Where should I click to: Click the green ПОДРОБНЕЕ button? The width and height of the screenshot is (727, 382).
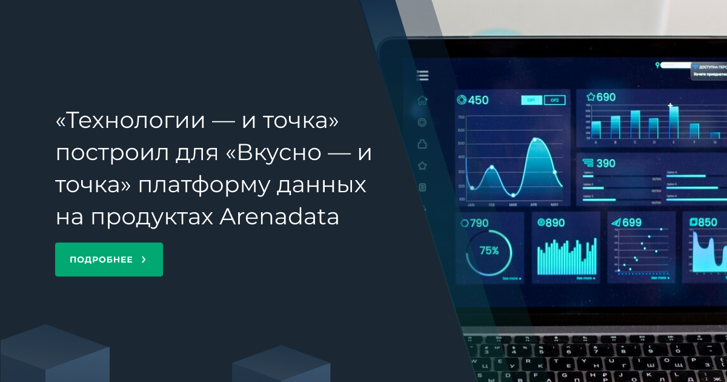pyautogui.click(x=108, y=260)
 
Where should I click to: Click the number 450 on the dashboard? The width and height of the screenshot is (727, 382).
pyautogui.click(x=479, y=100)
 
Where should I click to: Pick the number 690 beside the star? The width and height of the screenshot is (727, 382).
pyautogui.click(x=606, y=97)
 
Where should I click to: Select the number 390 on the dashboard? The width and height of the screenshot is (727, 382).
pyautogui.click(x=606, y=163)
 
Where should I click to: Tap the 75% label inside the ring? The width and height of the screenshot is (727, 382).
pyautogui.click(x=489, y=250)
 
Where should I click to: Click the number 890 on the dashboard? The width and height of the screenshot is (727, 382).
pyautogui.click(x=556, y=223)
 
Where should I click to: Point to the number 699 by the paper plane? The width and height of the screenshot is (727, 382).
pyautogui.click(x=632, y=223)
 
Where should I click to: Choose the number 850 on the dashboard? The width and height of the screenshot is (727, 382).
pyautogui.click(x=707, y=223)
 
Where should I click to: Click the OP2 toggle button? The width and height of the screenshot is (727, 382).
pyautogui.click(x=554, y=100)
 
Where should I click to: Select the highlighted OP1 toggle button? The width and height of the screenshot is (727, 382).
pyautogui.click(x=531, y=100)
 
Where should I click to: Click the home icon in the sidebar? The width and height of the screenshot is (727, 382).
pyautogui.click(x=422, y=101)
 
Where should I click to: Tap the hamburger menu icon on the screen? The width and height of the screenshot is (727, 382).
pyautogui.click(x=422, y=75)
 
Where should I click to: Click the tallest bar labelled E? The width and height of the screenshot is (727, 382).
pyautogui.click(x=674, y=122)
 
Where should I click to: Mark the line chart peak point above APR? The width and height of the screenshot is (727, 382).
pyautogui.click(x=536, y=141)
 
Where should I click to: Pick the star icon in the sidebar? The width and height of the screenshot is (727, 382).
pyautogui.click(x=422, y=165)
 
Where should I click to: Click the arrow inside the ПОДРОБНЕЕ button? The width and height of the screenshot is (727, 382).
pyautogui.click(x=144, y=260)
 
